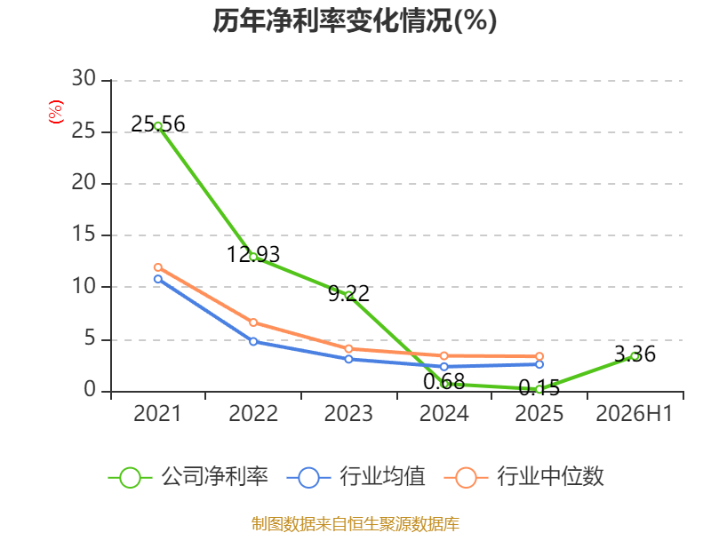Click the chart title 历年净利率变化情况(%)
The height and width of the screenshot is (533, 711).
355,20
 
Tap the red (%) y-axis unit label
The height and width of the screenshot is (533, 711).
55,112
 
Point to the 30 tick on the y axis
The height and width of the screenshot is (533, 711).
84,78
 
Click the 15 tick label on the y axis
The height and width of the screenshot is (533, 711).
84,234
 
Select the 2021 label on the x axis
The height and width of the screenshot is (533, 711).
157,413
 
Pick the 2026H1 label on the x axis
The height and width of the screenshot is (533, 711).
634,413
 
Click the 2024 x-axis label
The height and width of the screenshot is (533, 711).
443,413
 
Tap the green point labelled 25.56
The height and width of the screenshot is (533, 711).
158,126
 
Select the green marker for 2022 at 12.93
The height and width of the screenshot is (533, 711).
253,257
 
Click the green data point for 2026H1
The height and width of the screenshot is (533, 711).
635,356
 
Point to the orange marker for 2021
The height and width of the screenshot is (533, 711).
158,267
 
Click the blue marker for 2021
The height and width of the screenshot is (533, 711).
158,279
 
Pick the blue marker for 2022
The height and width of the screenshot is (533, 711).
253,341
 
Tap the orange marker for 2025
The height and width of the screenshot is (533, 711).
539,356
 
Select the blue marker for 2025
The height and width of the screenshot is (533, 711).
539,364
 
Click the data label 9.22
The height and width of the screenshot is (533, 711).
348,294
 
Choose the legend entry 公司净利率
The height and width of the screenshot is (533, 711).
188,477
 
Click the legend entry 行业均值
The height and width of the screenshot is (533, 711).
356,477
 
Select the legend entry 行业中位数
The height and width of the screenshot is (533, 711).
524,477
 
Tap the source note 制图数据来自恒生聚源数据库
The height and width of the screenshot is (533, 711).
355,523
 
